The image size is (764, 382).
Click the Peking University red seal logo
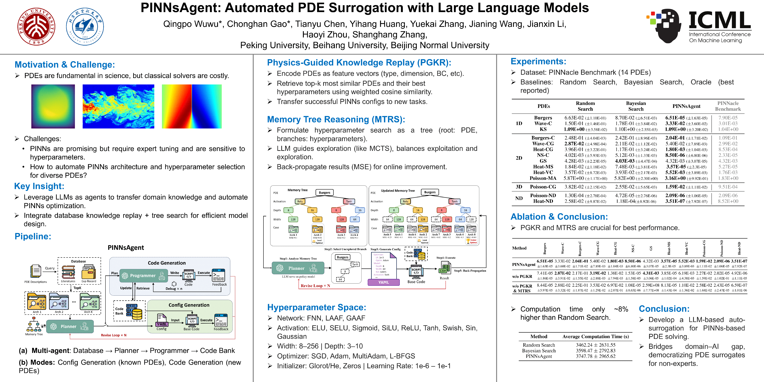click(x=36, y=26)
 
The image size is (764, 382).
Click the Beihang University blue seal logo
click(x=85, y=26)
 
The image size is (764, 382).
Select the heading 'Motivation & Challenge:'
click(x=65, y=65)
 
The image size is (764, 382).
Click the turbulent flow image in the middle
click(x=118, y=107)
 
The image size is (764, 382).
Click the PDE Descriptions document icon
click(x=36, y=271)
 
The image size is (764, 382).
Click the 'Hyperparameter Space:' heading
click(x=316, y=307)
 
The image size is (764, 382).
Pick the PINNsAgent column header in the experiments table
click(x=686, y=106)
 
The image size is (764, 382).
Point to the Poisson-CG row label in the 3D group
click(x=543, y=187)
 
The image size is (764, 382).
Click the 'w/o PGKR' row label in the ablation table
click(x=522, y=276)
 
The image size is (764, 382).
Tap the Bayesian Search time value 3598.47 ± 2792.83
click(x=596, y=351)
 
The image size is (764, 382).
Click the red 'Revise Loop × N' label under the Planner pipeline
click(x=114, y=335)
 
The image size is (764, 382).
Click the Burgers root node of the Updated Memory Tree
click(x=430, y=192)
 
